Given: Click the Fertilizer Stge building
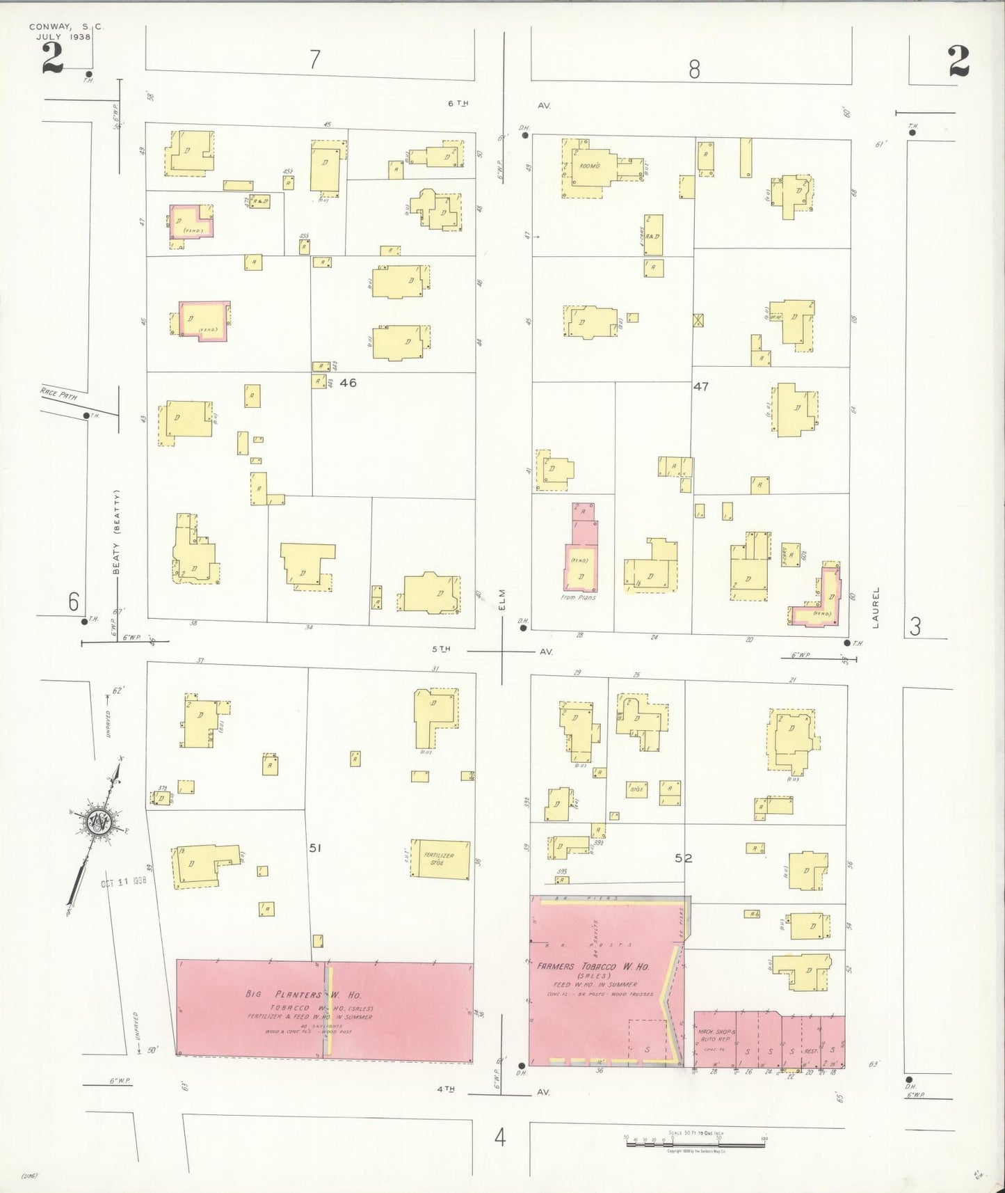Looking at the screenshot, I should (440, 860).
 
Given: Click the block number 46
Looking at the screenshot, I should (348, 382).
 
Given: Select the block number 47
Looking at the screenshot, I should (700, 386).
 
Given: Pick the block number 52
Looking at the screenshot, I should (684, 858).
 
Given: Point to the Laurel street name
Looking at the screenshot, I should (876, 608).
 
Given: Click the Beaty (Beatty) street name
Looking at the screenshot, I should (118, 533).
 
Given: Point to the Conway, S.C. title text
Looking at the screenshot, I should (66, 27).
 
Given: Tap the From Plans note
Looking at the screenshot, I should (578, 597).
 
